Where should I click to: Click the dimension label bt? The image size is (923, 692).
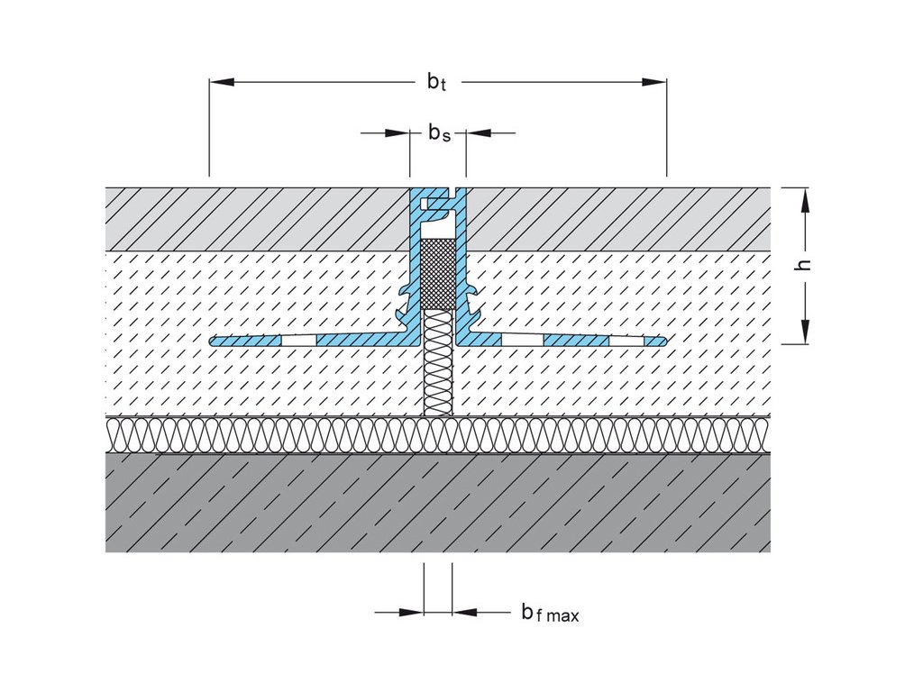[437, 82]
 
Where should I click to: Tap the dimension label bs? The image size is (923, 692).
[438, 133]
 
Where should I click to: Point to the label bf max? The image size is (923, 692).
[550, 614]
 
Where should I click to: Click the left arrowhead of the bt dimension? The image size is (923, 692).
[222, 82]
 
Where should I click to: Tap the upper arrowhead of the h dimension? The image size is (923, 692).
[806, 199]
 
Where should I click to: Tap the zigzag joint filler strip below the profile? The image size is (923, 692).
[438, 360]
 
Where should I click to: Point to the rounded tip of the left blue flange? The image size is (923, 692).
[214, 341]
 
